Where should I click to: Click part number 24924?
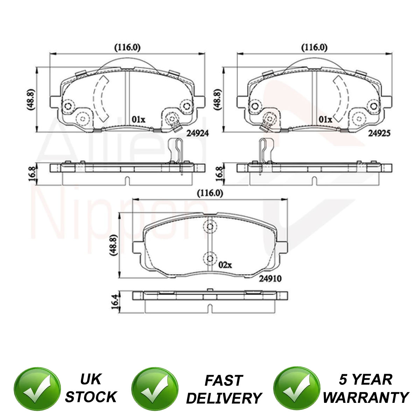pyautogui.click(x=197, y=133)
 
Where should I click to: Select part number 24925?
pyautogui.click(x=379, y=133)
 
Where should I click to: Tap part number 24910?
pyautogui.click(x=270, y=279)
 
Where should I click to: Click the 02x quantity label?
pyautogui.click(x=225, y=265)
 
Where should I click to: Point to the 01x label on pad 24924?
pyautogui.click(x=138, y=119)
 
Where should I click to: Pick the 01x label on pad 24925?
pyautogui.click(x=325, y=119)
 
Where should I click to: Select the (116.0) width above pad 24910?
pyautogui.click(x=210, y=194)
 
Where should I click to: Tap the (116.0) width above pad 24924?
pyautogui.click(x=127, y=48)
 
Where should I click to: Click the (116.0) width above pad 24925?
pyautogui.click(x=314, y=48)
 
